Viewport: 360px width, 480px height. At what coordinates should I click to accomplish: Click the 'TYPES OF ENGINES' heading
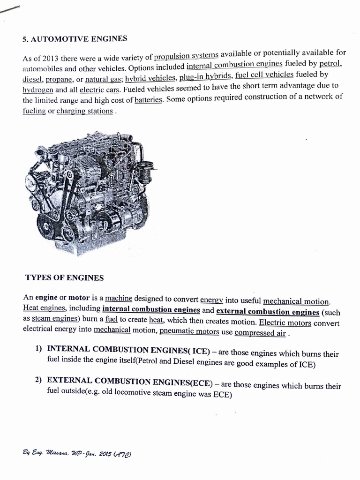(64, 278)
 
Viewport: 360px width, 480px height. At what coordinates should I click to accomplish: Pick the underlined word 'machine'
(119, 298)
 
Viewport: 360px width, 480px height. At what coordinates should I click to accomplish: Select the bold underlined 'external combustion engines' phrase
(268, 312)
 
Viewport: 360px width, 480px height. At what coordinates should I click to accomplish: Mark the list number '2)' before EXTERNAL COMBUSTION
(39, 380)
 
